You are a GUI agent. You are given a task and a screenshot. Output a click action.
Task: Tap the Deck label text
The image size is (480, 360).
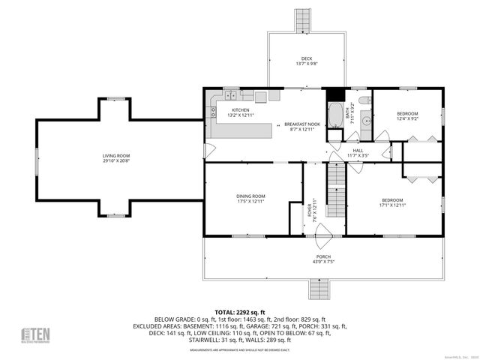coord(306,61)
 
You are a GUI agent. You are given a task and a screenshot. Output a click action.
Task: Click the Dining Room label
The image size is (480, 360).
coord(251,199)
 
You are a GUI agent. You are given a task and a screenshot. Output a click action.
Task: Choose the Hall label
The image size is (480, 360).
coord(358,153)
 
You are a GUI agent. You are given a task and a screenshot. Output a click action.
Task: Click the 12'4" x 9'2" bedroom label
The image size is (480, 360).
coord(407,116)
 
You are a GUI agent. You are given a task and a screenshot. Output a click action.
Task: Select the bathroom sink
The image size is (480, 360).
coord(366,119)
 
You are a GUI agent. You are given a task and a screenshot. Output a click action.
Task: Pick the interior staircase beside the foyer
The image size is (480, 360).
coord(337,190)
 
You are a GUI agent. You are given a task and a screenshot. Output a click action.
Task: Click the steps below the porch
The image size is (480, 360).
coord(319,289)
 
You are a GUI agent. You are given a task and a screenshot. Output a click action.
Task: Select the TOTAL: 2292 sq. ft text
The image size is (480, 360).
coord(240,312)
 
